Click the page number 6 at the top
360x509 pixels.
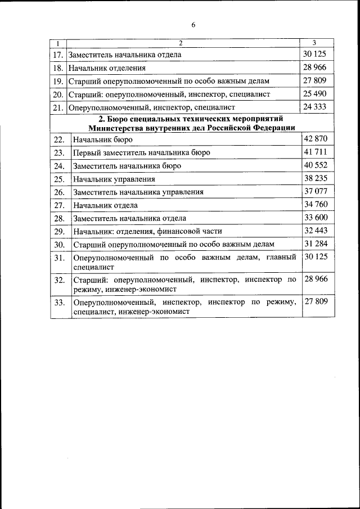click(x=193, y=25)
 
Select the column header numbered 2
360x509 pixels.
click(x=181, y=43)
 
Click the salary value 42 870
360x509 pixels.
click(x=315, y=139)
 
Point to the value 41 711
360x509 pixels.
click(x=315, y=152)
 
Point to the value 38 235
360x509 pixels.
click(x=315, y=178)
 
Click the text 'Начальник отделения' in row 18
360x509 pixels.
click(x=107, y=68)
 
